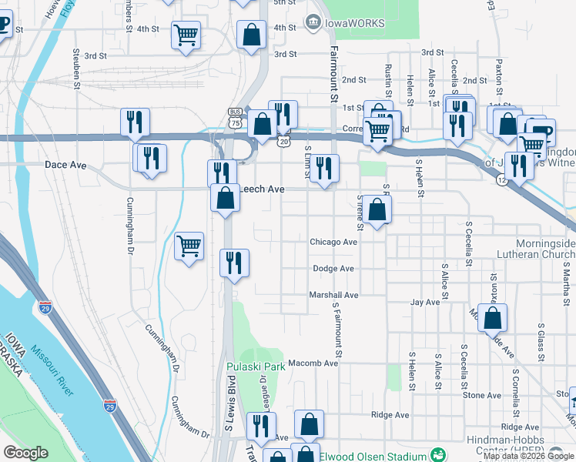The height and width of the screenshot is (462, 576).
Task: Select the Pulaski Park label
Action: [256, 367]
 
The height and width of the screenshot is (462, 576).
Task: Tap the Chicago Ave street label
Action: [333, 242]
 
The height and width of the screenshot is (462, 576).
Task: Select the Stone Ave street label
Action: [482, 396]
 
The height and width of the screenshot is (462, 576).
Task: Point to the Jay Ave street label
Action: [425, 303]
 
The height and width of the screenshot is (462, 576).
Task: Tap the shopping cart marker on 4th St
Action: [186, 35]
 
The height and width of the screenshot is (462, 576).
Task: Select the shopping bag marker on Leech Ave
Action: [224, 199]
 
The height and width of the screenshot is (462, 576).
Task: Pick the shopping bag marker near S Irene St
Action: [377, 209]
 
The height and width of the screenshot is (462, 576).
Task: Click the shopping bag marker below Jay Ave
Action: [492, 316]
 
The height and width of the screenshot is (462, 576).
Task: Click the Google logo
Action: [25, 453]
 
